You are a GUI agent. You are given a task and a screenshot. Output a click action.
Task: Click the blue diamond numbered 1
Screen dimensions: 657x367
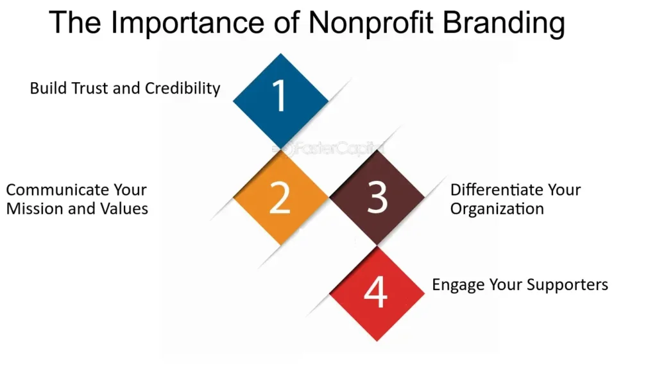tap(280, 101)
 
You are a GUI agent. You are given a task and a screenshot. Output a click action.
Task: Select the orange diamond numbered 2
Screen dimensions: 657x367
tap(280, 197)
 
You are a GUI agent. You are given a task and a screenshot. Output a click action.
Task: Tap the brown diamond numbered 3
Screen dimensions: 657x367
tap(377, 197)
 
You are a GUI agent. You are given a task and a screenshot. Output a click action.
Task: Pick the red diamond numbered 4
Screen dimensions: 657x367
tap(377, 293)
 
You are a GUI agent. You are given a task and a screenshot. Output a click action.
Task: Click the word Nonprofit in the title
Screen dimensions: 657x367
tap(371, 22)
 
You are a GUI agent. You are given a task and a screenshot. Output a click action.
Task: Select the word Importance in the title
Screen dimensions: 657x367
tap(187, 24)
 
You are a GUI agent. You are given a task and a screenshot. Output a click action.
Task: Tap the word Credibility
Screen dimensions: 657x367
tap(182, 89)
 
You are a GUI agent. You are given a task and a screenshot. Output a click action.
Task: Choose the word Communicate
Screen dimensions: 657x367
tap(52, 190)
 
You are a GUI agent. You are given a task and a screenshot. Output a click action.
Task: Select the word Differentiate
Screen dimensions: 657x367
tap(493, 190)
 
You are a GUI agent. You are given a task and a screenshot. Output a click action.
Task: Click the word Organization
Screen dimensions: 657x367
tap(497, 209)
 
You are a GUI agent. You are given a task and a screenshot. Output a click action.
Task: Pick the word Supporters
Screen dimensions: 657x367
tap(567, 285)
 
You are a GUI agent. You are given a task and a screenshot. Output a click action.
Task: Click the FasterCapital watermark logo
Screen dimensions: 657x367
tap(328, 148)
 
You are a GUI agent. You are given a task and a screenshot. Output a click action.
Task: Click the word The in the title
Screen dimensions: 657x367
tap(75, 22)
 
